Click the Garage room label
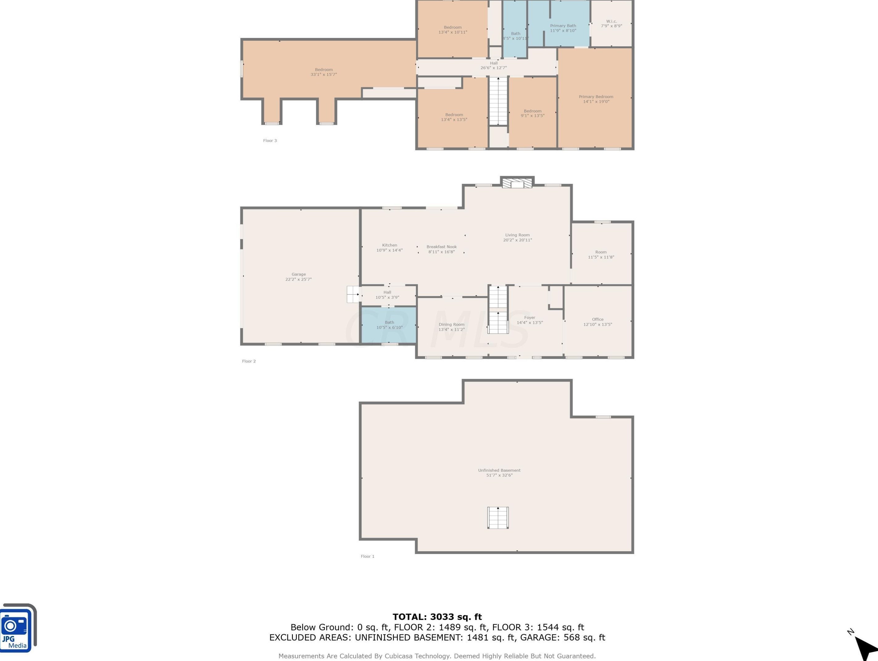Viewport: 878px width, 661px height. coord(298,274)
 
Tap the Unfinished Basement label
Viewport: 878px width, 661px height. coord(499,470)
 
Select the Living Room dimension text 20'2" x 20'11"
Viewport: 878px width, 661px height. coord(517,240)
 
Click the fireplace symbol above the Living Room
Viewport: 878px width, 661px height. coord(517,183)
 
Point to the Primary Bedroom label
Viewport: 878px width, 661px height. coord(596,97)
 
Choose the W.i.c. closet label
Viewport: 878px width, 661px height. coord(611,21)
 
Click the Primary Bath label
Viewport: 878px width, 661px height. coord(563,26)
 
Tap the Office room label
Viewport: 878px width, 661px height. coord(597,319)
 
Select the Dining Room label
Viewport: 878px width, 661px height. coord(451,324)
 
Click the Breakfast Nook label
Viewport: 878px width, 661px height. coord(441,247)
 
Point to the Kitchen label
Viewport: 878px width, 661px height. coord(389,245)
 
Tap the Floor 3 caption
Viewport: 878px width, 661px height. coord(270,140)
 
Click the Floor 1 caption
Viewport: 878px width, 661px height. coord(368,556)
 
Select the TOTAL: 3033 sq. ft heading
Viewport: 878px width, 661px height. coord(437,617)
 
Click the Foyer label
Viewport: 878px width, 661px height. coord(530,318)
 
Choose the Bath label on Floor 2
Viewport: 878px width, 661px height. coord(389,322)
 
